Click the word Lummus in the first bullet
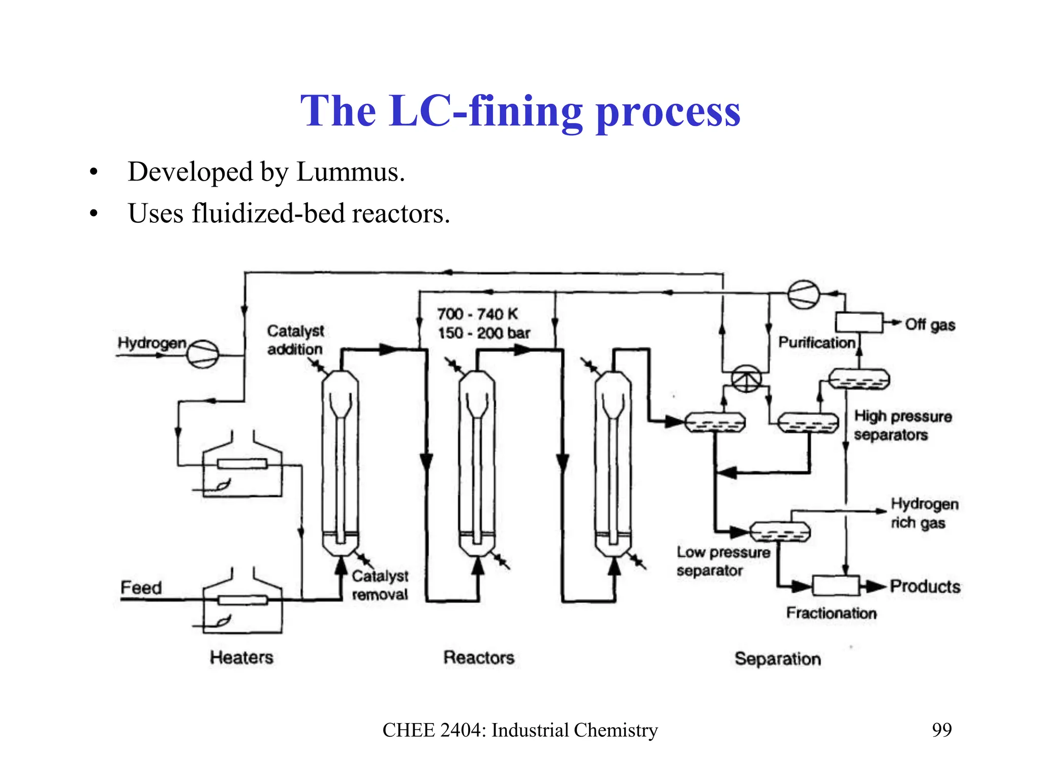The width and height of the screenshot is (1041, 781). (350, 172)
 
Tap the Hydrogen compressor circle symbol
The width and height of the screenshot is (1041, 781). (203, 353)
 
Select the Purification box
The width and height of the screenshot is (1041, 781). (859, 322)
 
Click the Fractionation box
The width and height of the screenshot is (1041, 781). (836, 586)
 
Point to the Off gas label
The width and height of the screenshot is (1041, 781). (930, 324)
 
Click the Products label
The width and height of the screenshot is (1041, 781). (925, 586)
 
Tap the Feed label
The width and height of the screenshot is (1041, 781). (141, 588)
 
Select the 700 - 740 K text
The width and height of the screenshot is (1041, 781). (477, 314)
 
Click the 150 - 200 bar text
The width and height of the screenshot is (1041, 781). (483, 333)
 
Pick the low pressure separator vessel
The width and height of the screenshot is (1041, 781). (780, 532)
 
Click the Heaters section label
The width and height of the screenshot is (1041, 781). (241, 657)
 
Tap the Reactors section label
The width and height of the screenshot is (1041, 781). (479, 657)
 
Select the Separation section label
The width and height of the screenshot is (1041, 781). (777, 659)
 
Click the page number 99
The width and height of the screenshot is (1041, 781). (941, 730)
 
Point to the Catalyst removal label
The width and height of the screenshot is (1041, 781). (380, 585)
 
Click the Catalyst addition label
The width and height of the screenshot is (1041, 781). (295, 340)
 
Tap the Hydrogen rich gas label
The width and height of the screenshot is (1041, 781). (924, 513)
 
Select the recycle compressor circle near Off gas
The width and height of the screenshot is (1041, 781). (804, 294)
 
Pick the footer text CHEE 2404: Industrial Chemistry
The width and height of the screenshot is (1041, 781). (520, 730)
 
